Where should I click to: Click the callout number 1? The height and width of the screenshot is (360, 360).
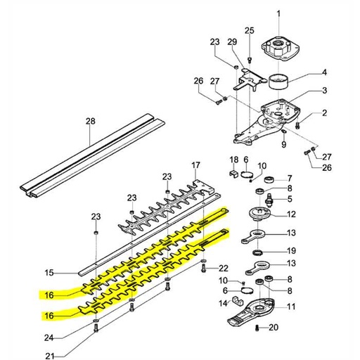297,14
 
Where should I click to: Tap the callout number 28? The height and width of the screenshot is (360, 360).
90,121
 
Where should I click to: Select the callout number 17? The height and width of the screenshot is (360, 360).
196,165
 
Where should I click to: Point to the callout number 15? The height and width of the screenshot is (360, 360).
49,272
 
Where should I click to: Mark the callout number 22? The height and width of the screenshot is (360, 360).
224,268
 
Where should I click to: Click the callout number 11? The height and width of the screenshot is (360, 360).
290,306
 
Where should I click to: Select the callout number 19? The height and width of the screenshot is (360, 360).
291,250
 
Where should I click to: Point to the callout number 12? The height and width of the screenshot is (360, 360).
290,214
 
